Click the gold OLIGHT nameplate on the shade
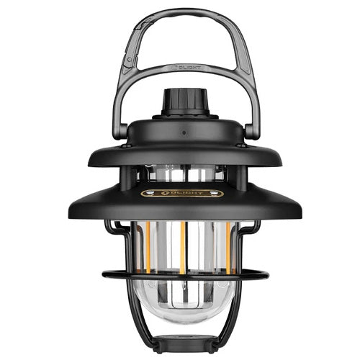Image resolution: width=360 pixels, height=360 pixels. (x=180, y=193)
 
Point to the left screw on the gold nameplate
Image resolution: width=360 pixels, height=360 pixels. (x=142, y=193)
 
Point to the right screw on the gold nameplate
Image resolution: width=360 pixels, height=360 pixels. (x=218, y=193)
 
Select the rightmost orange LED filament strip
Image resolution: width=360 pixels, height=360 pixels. (x=228, y=245)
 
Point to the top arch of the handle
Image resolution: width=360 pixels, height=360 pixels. (x=180, y=12)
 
